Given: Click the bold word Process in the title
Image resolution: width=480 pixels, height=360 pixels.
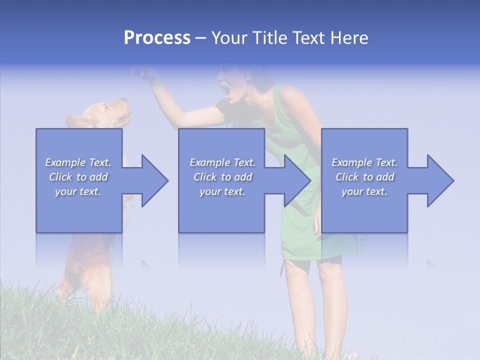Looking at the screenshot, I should [x=157, y=38].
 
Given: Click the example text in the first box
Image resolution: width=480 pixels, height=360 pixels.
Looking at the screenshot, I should [x=78, y=177].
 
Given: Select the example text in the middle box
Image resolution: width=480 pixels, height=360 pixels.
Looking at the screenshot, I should [x=222, y=177].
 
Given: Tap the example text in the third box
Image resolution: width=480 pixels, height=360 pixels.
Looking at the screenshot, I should [x=364, y=177].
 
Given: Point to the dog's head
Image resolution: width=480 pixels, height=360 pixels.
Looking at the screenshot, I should [x=112, y=112].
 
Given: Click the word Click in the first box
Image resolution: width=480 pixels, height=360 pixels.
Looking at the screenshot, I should [x=61, y=177].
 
